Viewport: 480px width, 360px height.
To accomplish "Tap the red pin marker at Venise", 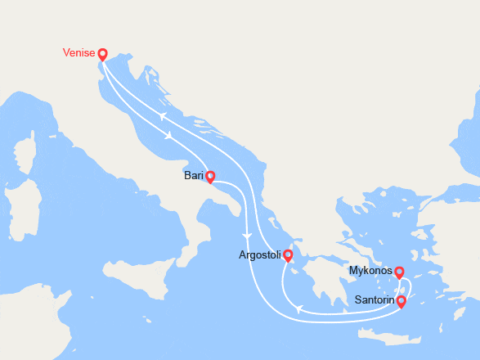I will pyautogui.click(x=102, y=55).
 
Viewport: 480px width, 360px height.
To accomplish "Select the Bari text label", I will pyautogui.click(x=194, y=176).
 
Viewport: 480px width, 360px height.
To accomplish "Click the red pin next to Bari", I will pyautogui.click(x=210, y=176).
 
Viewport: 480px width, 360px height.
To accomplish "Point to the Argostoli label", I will pyautogui.click(x=259, y=255).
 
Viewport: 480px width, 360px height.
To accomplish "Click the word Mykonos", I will pyautogui.click(x=370, y=271).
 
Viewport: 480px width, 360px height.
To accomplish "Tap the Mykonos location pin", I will pyautogui.click(x=399, y=272).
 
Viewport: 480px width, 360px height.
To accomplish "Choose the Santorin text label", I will pyautogui.click(x=375, y=301).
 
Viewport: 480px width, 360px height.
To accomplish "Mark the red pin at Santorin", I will pyautogui.click(x=401, y=301).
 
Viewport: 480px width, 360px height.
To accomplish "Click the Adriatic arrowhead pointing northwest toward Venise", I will pyautogui.click(x=163, y=117).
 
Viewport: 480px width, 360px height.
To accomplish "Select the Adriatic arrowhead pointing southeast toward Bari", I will pyautogui.click(x=168, y=137).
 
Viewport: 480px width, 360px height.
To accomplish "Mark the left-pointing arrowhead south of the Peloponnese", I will pyautogui.click(x=299, y=309).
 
